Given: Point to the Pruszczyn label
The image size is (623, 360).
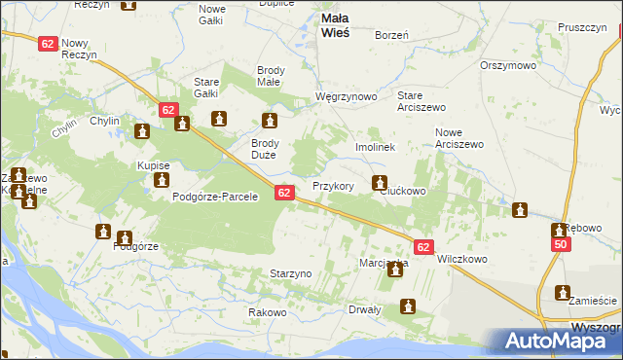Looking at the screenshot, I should pyautogui.click(x=583, y=28).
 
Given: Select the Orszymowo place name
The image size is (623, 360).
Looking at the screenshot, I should pyautogui.click(x=508, y=65).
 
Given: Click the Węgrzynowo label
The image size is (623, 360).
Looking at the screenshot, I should pyautogui.click(x=346, y=97).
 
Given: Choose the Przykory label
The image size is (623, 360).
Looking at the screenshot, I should pyautogui.click(x=332, y=185).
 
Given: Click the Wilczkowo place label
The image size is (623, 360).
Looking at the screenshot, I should pyautogui.click(x=462, y=260).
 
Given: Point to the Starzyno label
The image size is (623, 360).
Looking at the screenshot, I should pyautogui.click(x=290, y=273).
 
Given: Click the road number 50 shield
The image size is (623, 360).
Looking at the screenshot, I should pyautogui.click(x=560, y=246).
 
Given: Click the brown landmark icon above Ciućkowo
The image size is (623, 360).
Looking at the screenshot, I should pyautogui.click(x=380, y=181).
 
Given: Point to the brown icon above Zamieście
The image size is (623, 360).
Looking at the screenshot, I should pyautogui.click(x=563, y=292).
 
